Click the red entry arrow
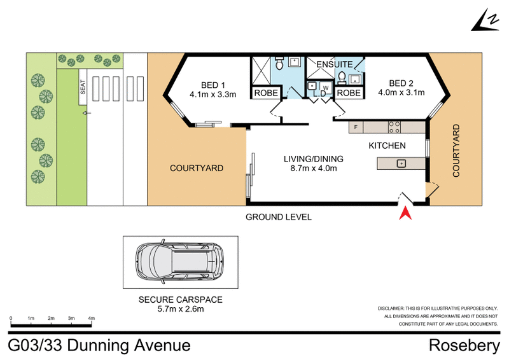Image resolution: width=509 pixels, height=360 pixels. coord(403,213)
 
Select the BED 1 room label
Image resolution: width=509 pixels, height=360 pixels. coord(213,85)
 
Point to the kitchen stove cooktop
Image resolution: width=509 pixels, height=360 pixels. coord(394,127)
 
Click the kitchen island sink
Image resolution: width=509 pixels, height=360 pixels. coord(401,163)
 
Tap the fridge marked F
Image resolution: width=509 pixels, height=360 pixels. coord(356,127)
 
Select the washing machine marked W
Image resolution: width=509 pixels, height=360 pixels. coord(326,87)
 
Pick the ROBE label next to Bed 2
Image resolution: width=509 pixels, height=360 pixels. coord(348,93)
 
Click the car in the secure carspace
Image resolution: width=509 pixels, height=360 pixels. coord(180,262)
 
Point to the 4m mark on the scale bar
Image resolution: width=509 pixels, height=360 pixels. coord(91,318)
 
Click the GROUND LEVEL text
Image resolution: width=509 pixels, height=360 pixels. coord(279,217)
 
